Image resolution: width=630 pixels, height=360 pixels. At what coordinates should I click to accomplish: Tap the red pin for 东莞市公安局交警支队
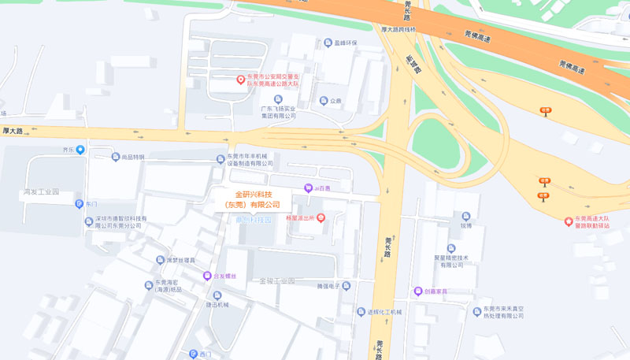coord(242,80)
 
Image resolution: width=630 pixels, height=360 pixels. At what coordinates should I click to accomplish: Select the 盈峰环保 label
coord(345,43)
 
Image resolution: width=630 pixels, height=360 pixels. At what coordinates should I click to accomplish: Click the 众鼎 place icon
coord(324,101)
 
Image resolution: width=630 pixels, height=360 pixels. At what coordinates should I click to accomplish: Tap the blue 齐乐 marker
coord(80,150)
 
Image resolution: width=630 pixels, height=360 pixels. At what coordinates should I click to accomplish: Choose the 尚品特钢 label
coord(128,157)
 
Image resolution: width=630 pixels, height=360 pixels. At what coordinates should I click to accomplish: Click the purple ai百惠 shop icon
coord(309,187)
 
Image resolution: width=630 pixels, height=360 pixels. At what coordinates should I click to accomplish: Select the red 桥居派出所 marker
coord(321,217)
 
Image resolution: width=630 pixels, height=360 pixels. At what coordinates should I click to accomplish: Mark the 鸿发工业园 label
coord(41,192)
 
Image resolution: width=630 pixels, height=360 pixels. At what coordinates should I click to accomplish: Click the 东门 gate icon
coord(79,204)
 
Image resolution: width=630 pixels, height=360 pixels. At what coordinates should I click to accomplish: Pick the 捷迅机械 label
coord(217,305)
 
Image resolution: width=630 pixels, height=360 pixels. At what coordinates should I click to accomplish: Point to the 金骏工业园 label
coord(276,281)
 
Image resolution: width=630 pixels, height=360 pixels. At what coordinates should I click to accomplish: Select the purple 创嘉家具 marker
coord(418,291)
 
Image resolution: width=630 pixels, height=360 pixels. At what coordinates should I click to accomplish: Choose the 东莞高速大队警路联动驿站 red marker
coord(569,221)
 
